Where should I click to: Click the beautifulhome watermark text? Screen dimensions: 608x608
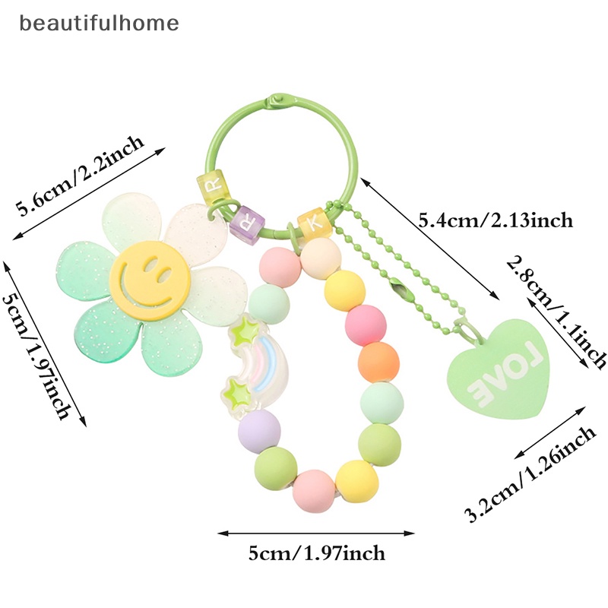tap(100, 23)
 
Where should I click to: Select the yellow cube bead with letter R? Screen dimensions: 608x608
tap(214, 185)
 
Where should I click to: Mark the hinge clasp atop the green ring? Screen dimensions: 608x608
tap(275, 100)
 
